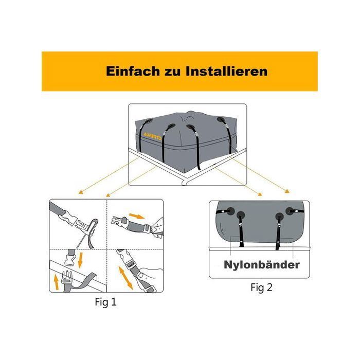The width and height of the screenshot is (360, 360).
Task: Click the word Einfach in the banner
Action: (133, 71)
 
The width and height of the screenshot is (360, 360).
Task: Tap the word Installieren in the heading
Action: (227, 71)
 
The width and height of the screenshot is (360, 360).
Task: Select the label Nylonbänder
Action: (262, 264)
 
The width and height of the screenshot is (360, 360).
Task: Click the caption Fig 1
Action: (105, 302)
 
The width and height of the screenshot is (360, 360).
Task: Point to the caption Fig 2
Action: (261, 287)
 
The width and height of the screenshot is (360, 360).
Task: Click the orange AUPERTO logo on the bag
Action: (152, 136)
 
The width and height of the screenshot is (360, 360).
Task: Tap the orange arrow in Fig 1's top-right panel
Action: (137, 216)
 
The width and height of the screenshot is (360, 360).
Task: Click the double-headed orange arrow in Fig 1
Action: (125, 278)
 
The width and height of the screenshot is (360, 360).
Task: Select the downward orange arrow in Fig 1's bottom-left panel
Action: (80, 260)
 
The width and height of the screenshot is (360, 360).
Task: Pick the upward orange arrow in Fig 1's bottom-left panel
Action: (56, 282)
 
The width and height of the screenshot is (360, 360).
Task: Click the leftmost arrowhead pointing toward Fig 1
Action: (81, 192)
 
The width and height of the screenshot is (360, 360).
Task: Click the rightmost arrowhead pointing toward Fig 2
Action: (287, 191)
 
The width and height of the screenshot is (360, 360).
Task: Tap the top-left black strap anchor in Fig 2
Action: (230, 211)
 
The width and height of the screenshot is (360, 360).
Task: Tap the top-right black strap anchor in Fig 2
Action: (290, 211)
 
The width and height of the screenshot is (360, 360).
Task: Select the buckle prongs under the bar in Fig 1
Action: (66, 276)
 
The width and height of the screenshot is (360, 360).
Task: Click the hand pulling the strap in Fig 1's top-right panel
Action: (158, 227)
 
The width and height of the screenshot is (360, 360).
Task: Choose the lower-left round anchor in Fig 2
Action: (241, 215)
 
